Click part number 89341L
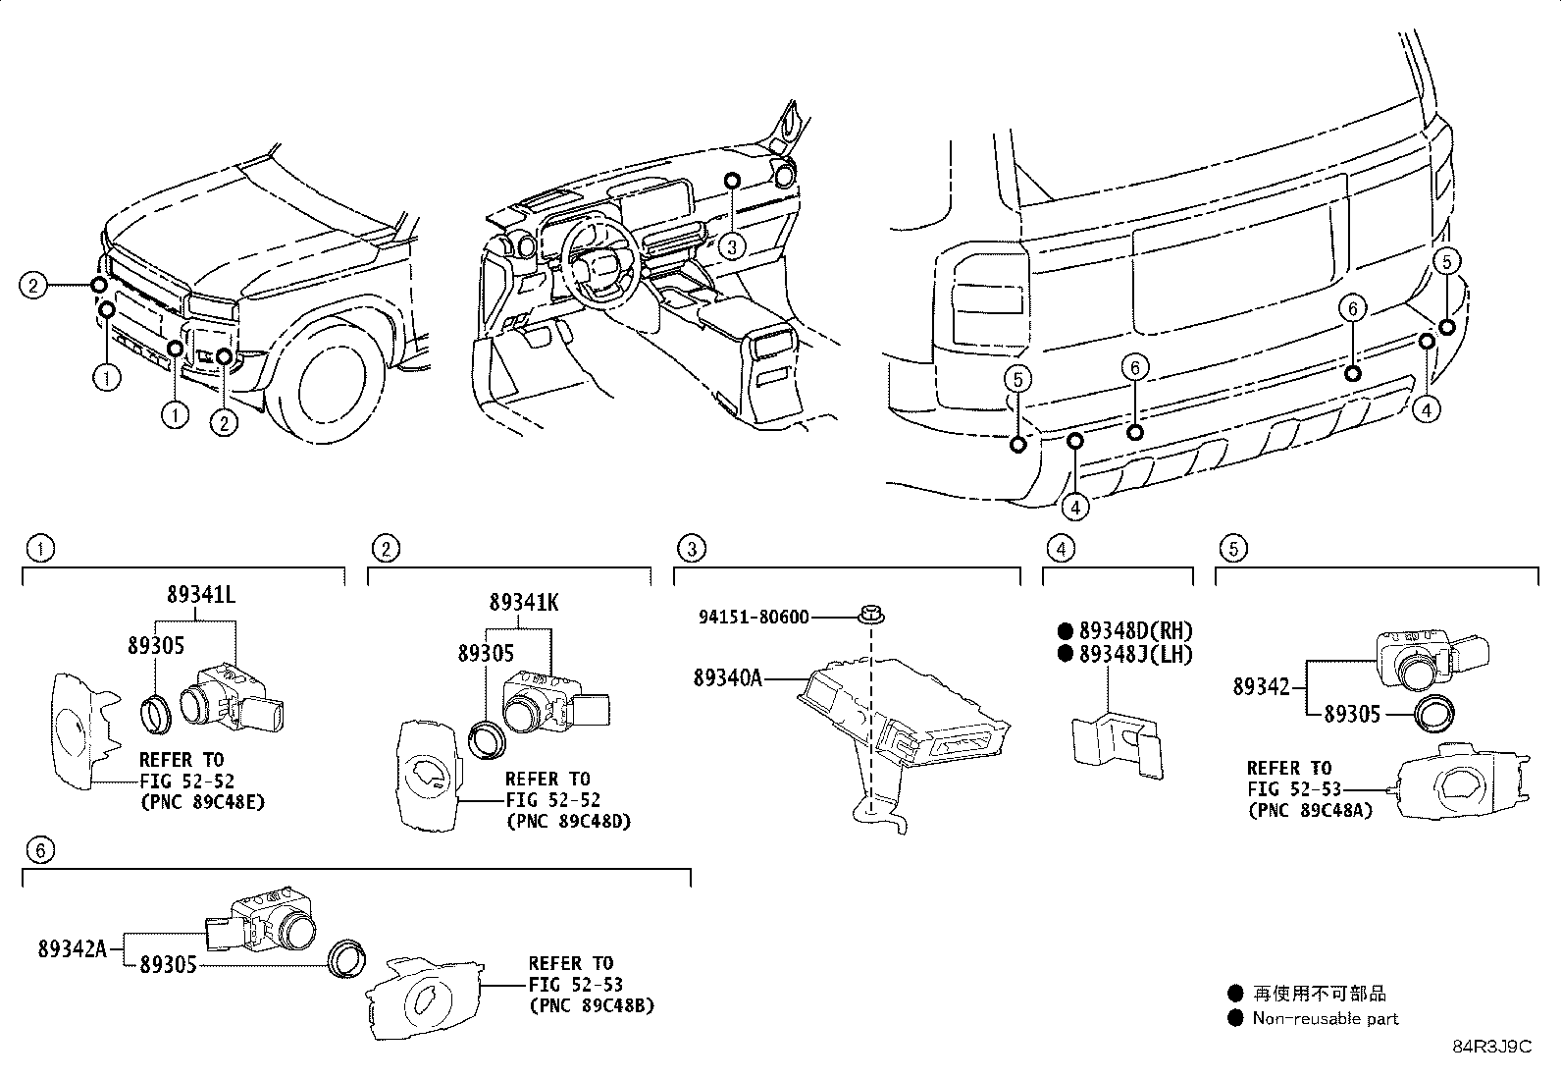pyautogui.click(x=200, y=595)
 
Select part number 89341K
pyautogui.click(x=524, y=603)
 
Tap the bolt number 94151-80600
pyautogui.click(x=754, y=618)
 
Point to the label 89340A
pyautogui.click(x=727, y=678)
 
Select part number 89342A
pyautogui.click(x=73, y=948)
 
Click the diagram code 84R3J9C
pyautogui.click(x=1491, y=1047)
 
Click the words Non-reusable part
pyautogui.click(x=1325, y=1019)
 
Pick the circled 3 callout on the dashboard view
pyautogui.click(x=731, y=247)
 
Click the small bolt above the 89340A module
pyautogui.click(x=870, y=616)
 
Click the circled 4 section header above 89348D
pyautogui.click(x=1059, y=548)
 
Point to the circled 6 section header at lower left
pyautogui.click(x=39, y=850)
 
